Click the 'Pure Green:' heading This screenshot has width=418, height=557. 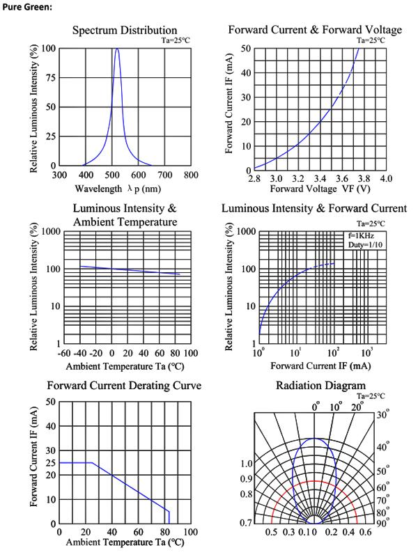pos(27,7)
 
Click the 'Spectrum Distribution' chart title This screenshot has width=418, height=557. pos(125,30)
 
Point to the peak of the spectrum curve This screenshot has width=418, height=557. pos(117,48)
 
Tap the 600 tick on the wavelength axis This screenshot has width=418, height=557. pos(138,175)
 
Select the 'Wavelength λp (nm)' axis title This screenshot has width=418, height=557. pos(118,188)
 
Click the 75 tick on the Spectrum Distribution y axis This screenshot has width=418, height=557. pos(50,77)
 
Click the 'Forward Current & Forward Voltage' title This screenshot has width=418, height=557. pos(315,29)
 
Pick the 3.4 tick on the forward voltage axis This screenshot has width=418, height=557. pos(320,178)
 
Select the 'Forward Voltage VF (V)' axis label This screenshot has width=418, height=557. pos(320,188)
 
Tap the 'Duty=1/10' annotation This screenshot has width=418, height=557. pos(365,245)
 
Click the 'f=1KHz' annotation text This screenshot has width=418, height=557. pos(361,235)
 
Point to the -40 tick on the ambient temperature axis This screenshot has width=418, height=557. pos(80,353)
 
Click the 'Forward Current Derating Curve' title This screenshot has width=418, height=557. pos(124,386)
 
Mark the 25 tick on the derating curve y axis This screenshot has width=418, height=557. pos(51,462)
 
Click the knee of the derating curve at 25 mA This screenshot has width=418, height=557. pos(93,462)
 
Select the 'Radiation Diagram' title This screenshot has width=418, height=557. pos(320,386)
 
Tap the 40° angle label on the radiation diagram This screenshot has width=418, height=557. pos(382,446)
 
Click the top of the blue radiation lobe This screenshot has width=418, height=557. pos(315,439)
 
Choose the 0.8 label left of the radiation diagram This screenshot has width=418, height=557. pos(247,494)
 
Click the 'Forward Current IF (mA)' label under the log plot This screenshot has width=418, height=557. pos(320,366)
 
